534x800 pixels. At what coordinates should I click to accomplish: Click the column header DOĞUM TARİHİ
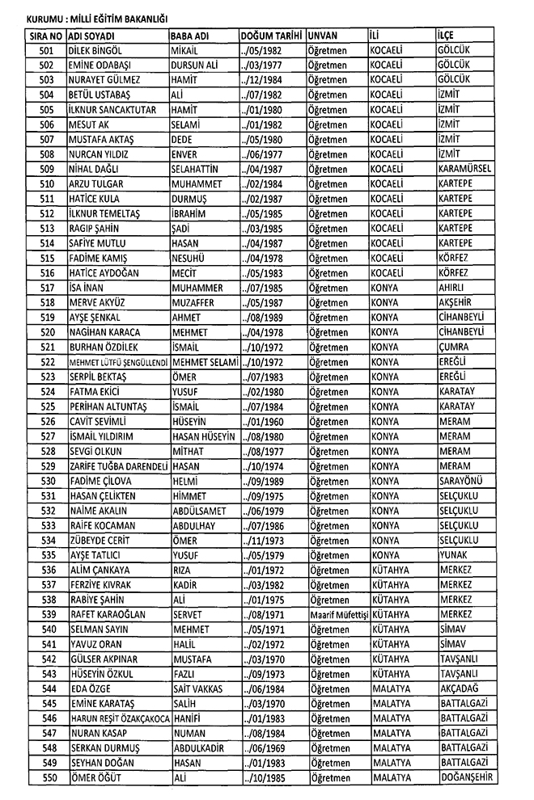[271, 36]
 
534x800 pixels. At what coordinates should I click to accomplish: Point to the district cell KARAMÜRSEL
[464, 168]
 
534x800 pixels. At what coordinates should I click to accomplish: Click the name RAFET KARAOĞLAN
[108, 614]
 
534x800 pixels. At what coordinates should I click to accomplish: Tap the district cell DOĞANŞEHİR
[468, 777]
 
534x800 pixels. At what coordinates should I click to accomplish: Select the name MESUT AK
[89, 124]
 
